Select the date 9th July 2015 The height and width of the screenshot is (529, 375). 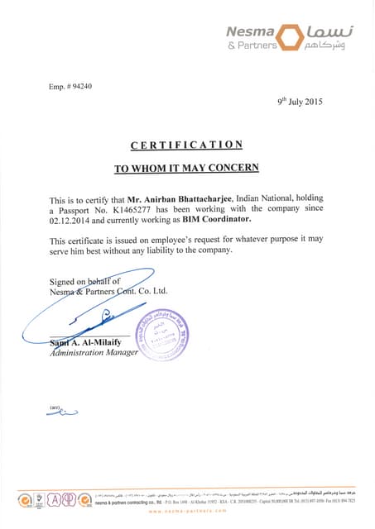click(300, 102)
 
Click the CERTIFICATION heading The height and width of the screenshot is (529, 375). click(186, 145)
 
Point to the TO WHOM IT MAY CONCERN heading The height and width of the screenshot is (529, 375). click(186, 168)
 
